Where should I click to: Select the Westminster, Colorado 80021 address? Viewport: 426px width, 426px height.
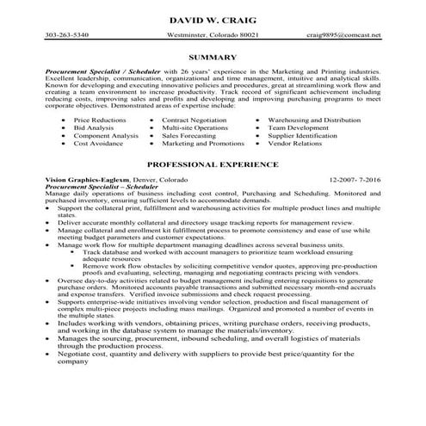(x=213, y=35)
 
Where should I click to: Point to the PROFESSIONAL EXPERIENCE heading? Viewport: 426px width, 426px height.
(x=213, y=162)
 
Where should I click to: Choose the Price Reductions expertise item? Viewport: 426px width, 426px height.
(x=99, y=120)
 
